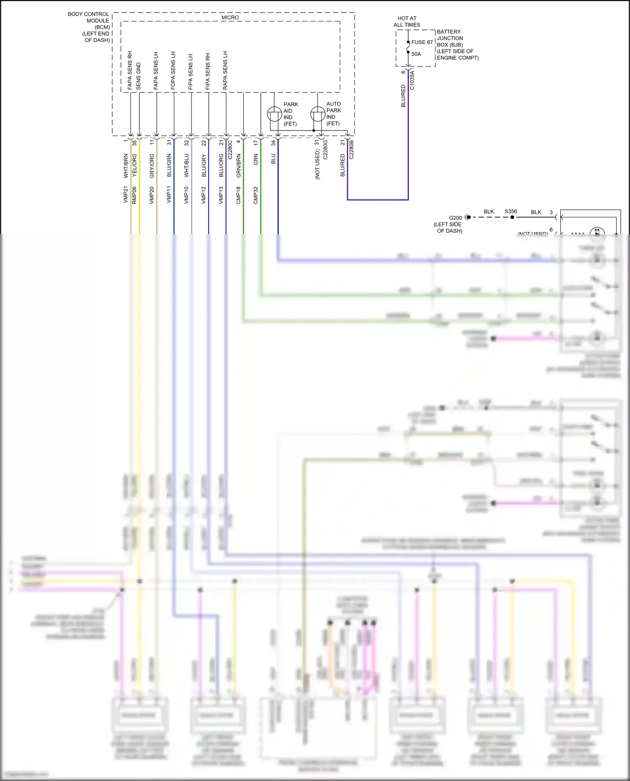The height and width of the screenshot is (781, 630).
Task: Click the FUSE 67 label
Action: coord(422,42)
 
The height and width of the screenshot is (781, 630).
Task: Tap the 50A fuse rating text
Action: coord(416,54)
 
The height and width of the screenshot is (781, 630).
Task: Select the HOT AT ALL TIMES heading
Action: coord(407,21)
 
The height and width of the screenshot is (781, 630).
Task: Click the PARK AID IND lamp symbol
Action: coord(274,114)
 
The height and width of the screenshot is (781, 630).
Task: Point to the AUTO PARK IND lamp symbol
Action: coord(318,114)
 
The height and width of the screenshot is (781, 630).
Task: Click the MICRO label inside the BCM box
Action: coord(230,18)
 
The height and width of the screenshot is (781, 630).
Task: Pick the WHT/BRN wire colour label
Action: coord(126,165)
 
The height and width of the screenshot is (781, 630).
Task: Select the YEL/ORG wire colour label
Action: coord(134,165)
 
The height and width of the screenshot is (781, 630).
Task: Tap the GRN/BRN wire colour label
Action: coord(239,165)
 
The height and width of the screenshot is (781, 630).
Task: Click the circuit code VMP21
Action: coord(126,195)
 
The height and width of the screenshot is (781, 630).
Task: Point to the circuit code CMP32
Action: coord(256,196)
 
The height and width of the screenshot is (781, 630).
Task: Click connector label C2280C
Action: coord(230,150)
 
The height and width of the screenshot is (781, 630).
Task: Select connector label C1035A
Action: coord(412,80)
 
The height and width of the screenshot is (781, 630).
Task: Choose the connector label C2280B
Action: coord(352,150)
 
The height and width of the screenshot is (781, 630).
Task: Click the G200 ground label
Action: coord(455,218)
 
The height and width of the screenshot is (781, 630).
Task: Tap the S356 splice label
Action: coord(510,212)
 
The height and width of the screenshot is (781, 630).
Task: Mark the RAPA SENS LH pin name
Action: coord(225,71)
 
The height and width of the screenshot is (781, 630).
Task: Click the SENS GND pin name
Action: coord(139,76)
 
